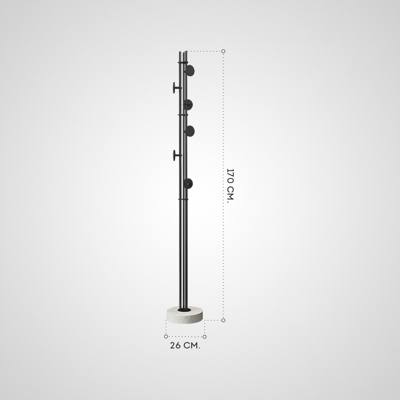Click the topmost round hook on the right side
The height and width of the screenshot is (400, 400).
pyautogui.click(x=190, y=71)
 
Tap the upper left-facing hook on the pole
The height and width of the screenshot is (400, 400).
pyautogui.click(x=176, y=87)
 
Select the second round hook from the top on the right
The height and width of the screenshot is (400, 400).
pyautogui.click(x=188, y=105)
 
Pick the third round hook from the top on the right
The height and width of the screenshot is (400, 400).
pyautogui.click(x=190, y=131)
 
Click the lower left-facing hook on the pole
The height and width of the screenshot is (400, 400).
pyautogui.click(x=176, y=155)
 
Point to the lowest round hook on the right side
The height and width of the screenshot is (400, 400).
pyautogui.click(x=188, y=183)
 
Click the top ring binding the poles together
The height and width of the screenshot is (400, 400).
pyautogui.click(x=183, y=62)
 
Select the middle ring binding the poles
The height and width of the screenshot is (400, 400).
pyautogui.click(x=183, y=115)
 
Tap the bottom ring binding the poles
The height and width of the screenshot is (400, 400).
pyautogui.click(x=183, y=199)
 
